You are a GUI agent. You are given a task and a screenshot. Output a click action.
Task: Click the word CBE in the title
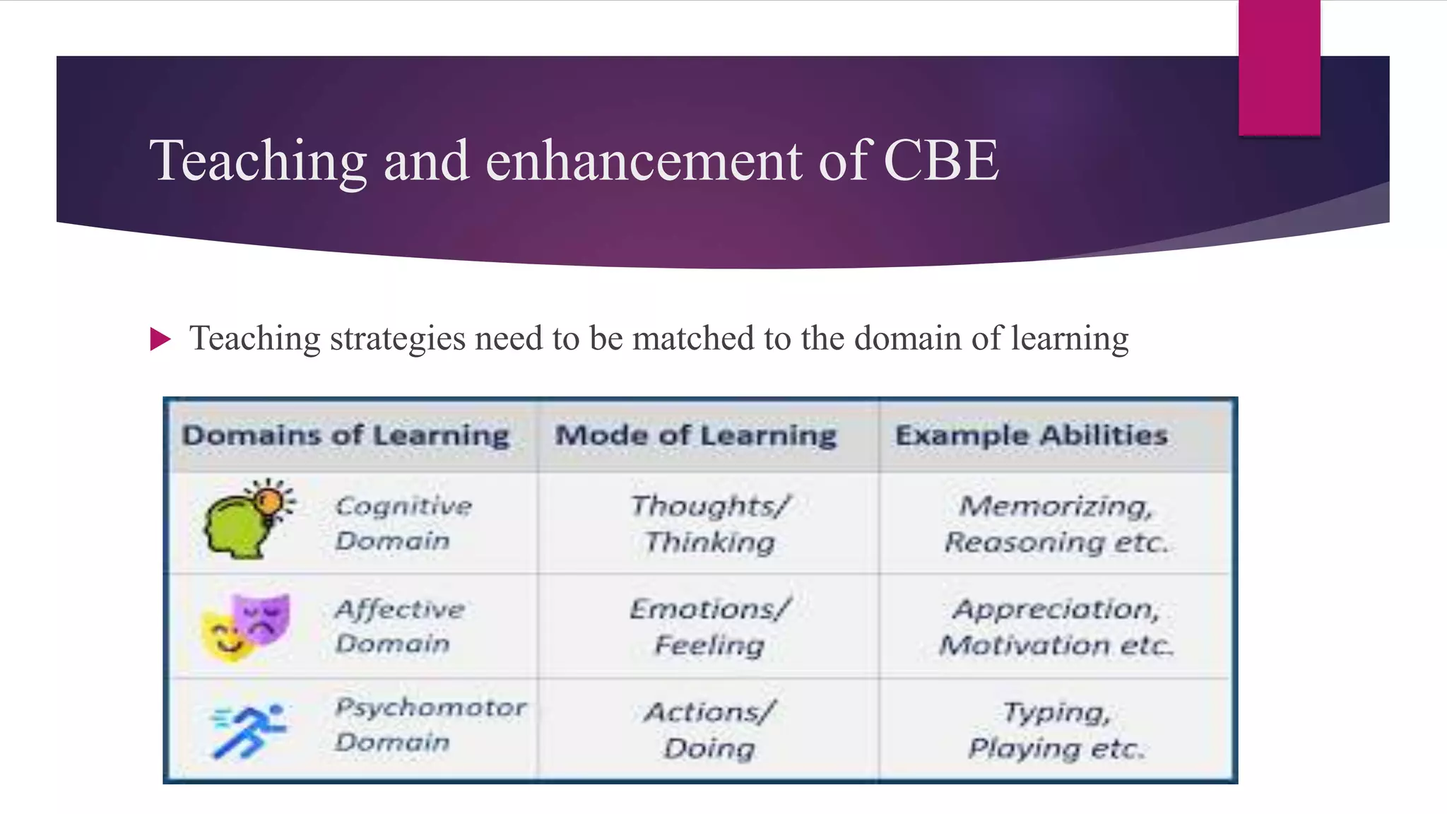coord(940,161)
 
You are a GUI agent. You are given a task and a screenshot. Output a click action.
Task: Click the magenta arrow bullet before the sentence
coord(160,339)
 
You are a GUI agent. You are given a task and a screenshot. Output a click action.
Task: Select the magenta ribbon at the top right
coord(1279,68)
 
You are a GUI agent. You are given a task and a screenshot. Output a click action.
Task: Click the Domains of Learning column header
coord(345,435)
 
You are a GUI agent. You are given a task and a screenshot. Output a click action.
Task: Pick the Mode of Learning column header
coord(696,435)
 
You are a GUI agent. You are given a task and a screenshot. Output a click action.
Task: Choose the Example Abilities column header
coord(1031,435)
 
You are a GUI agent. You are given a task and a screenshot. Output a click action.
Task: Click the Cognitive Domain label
coord(403,523)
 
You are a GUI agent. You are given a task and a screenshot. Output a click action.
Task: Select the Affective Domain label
coord(399,626)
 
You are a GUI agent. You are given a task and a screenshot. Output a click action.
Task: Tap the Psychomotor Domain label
coord(430,724)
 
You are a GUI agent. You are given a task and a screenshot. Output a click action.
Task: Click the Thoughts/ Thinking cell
coord(709,524)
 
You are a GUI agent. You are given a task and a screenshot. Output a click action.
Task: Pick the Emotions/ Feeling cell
coord(709,627)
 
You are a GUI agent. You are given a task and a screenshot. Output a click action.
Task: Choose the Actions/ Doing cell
coord(709,730)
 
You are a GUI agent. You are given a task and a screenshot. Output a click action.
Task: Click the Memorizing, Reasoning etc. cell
coord(1056,524)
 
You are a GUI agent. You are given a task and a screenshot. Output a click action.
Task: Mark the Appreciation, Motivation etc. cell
coord(1056,627)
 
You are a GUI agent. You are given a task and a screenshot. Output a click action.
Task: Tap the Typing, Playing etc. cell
coord(1056,730)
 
